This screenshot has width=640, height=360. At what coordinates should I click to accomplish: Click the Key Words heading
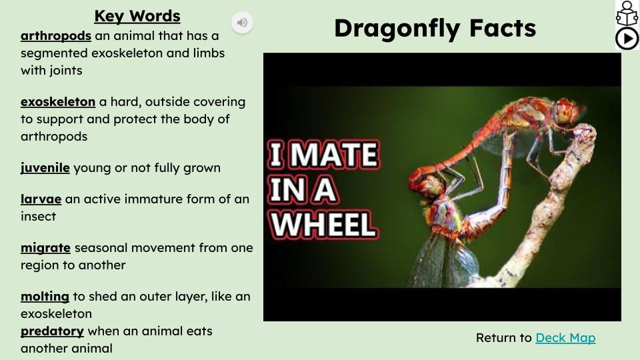pyautogui.click(x=137, y=16)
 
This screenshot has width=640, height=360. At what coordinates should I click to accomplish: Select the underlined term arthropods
pyautogui.click(x=55, y=36)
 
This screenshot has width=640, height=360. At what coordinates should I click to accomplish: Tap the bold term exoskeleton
pyautogui.click(x=57, y=102)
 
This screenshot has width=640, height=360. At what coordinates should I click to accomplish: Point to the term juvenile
pyautogui.click(x=45, y=168)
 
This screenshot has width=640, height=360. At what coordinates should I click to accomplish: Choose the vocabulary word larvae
pyautogui.click(x=41, y=199)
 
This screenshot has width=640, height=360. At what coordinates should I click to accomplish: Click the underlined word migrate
pyautogui.click(x=45, y=248)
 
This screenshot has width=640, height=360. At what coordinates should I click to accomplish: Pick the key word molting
pyautogui.click(x=45, y=297)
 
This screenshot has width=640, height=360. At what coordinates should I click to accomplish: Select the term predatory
pyautogui.click(x=52, y=331)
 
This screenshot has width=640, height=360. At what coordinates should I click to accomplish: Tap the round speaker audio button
pyautogui.click(x=242, y=23)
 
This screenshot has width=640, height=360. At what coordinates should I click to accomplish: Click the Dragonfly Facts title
pyautogui.click(x=435, y=28)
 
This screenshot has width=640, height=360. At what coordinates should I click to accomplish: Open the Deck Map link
pyautogui.click(x=565, y=338)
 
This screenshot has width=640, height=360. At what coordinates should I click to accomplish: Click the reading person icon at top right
pyautogui.click(x=627, y=13)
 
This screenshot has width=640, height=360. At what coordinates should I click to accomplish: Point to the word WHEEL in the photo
pyautogui.click(x=324, y=225)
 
